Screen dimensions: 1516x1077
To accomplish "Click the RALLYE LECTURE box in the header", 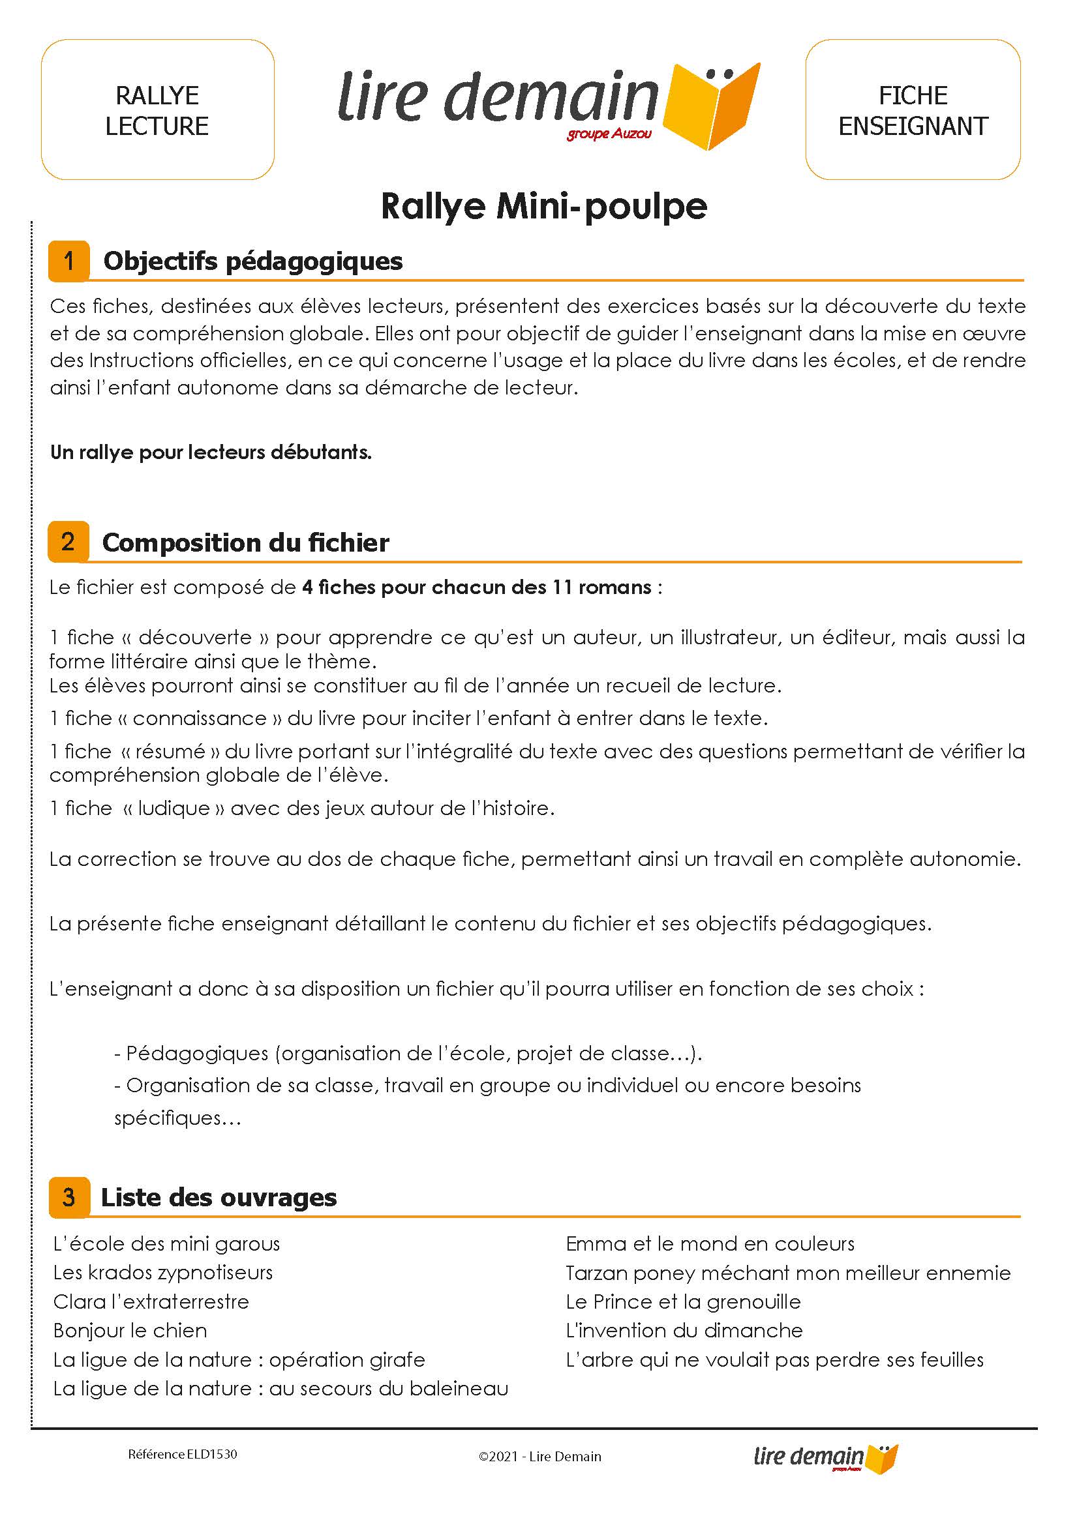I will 157,110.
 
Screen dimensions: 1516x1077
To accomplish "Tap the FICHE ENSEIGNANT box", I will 913,110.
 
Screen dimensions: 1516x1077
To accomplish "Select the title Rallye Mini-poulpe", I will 544,206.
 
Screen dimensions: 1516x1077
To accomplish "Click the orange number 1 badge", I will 68,261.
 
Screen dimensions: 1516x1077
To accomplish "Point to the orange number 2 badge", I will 68,542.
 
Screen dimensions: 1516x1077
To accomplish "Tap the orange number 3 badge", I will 68,1197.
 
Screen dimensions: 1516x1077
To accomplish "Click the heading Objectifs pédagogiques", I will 252,261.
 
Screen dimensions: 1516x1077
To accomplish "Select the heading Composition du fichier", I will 245,543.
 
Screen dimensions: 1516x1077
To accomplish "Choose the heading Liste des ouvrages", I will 219,1197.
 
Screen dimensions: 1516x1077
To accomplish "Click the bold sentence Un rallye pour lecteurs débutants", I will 211,452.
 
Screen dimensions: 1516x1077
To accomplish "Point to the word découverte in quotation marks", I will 195,637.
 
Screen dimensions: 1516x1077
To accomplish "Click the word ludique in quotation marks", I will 174,808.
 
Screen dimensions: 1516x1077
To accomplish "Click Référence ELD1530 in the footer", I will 183,1454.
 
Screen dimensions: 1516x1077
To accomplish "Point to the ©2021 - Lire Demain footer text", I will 540,1457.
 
